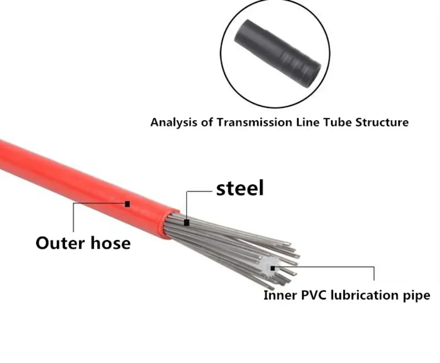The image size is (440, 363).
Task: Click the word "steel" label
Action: pos(240,188)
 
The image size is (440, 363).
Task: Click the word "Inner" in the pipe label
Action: pos(279,295)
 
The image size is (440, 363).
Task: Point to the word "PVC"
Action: pos(312,295)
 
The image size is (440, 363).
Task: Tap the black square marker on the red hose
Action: pos(127,204)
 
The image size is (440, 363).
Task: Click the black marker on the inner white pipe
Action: pos(272,268)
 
